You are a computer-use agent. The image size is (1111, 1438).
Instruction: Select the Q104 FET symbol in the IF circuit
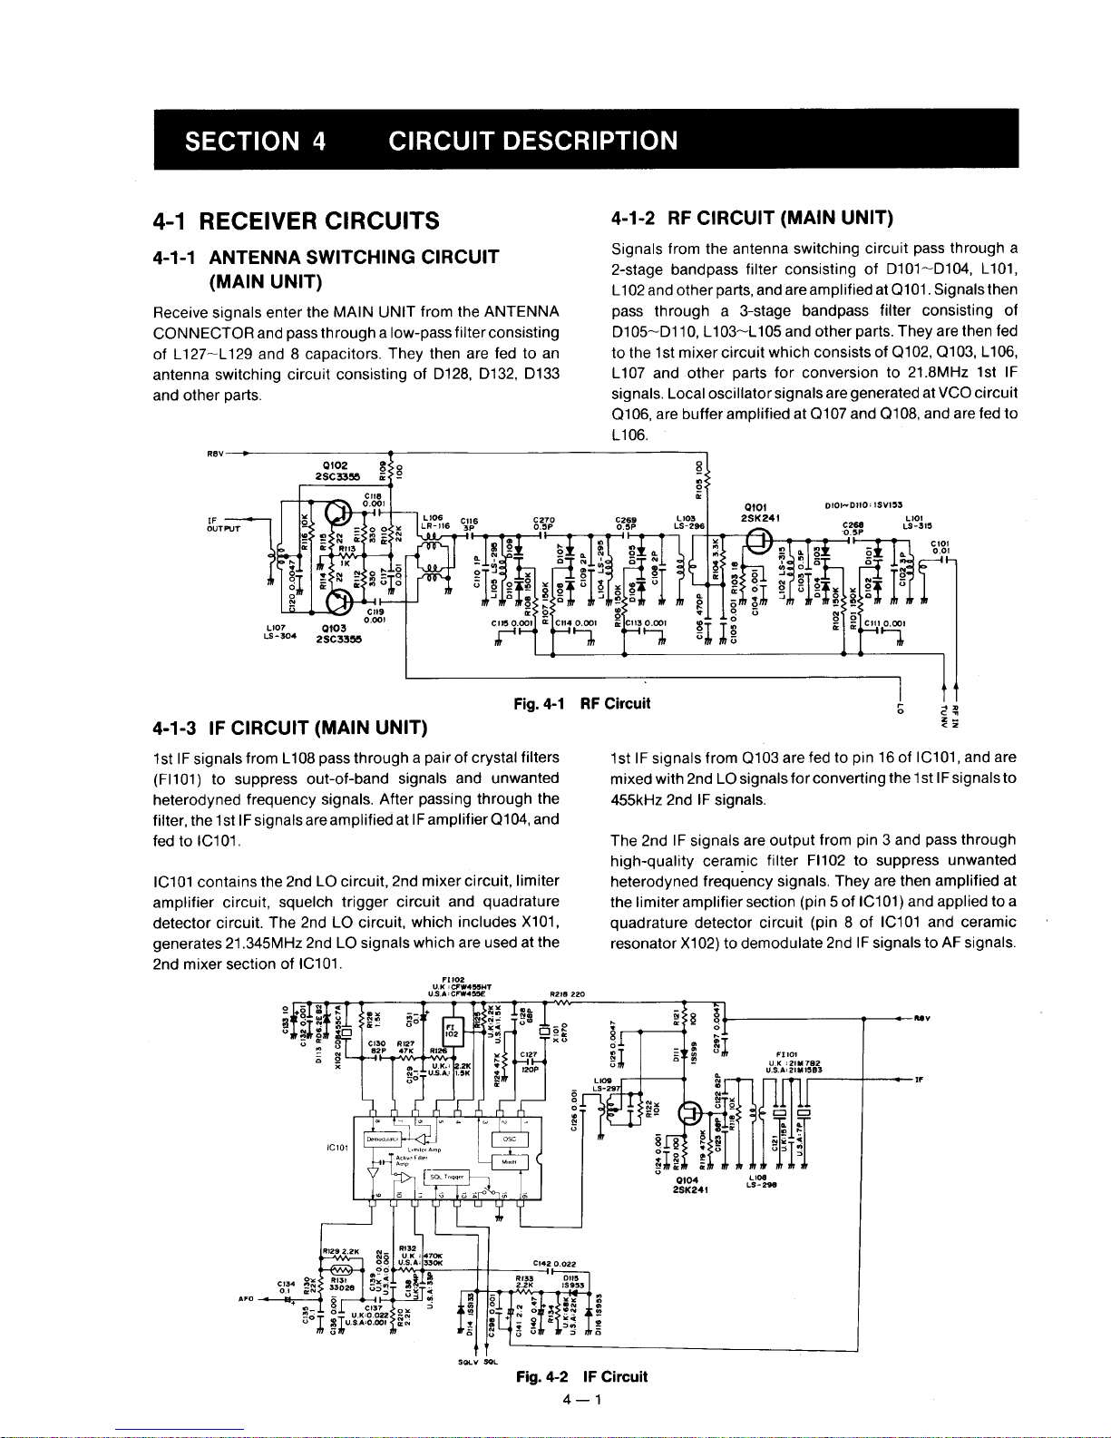coord(691,1113)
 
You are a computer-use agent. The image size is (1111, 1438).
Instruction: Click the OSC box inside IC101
coord(510,1139)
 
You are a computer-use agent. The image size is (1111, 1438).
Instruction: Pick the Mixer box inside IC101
coord(509,1162)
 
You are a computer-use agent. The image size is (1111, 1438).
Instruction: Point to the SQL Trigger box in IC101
coord(447,1177)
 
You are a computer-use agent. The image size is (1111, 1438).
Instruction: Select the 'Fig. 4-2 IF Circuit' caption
coord(581,1376)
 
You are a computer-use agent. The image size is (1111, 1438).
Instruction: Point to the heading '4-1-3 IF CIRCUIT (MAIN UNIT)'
coord(290,727)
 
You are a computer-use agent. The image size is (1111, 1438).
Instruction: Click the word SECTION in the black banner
coord(239,142)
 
